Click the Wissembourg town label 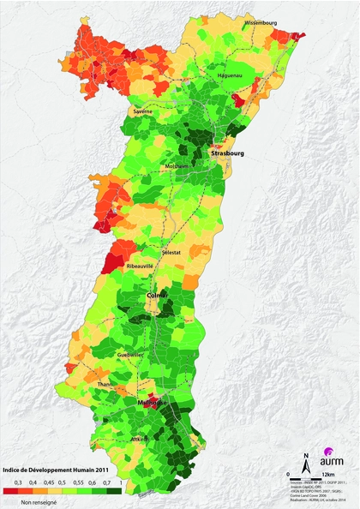[x=261, y=22]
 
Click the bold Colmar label [x=159, y=296]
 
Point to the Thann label [x=106, y=385]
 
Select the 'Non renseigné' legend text [x=39, y=502]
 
